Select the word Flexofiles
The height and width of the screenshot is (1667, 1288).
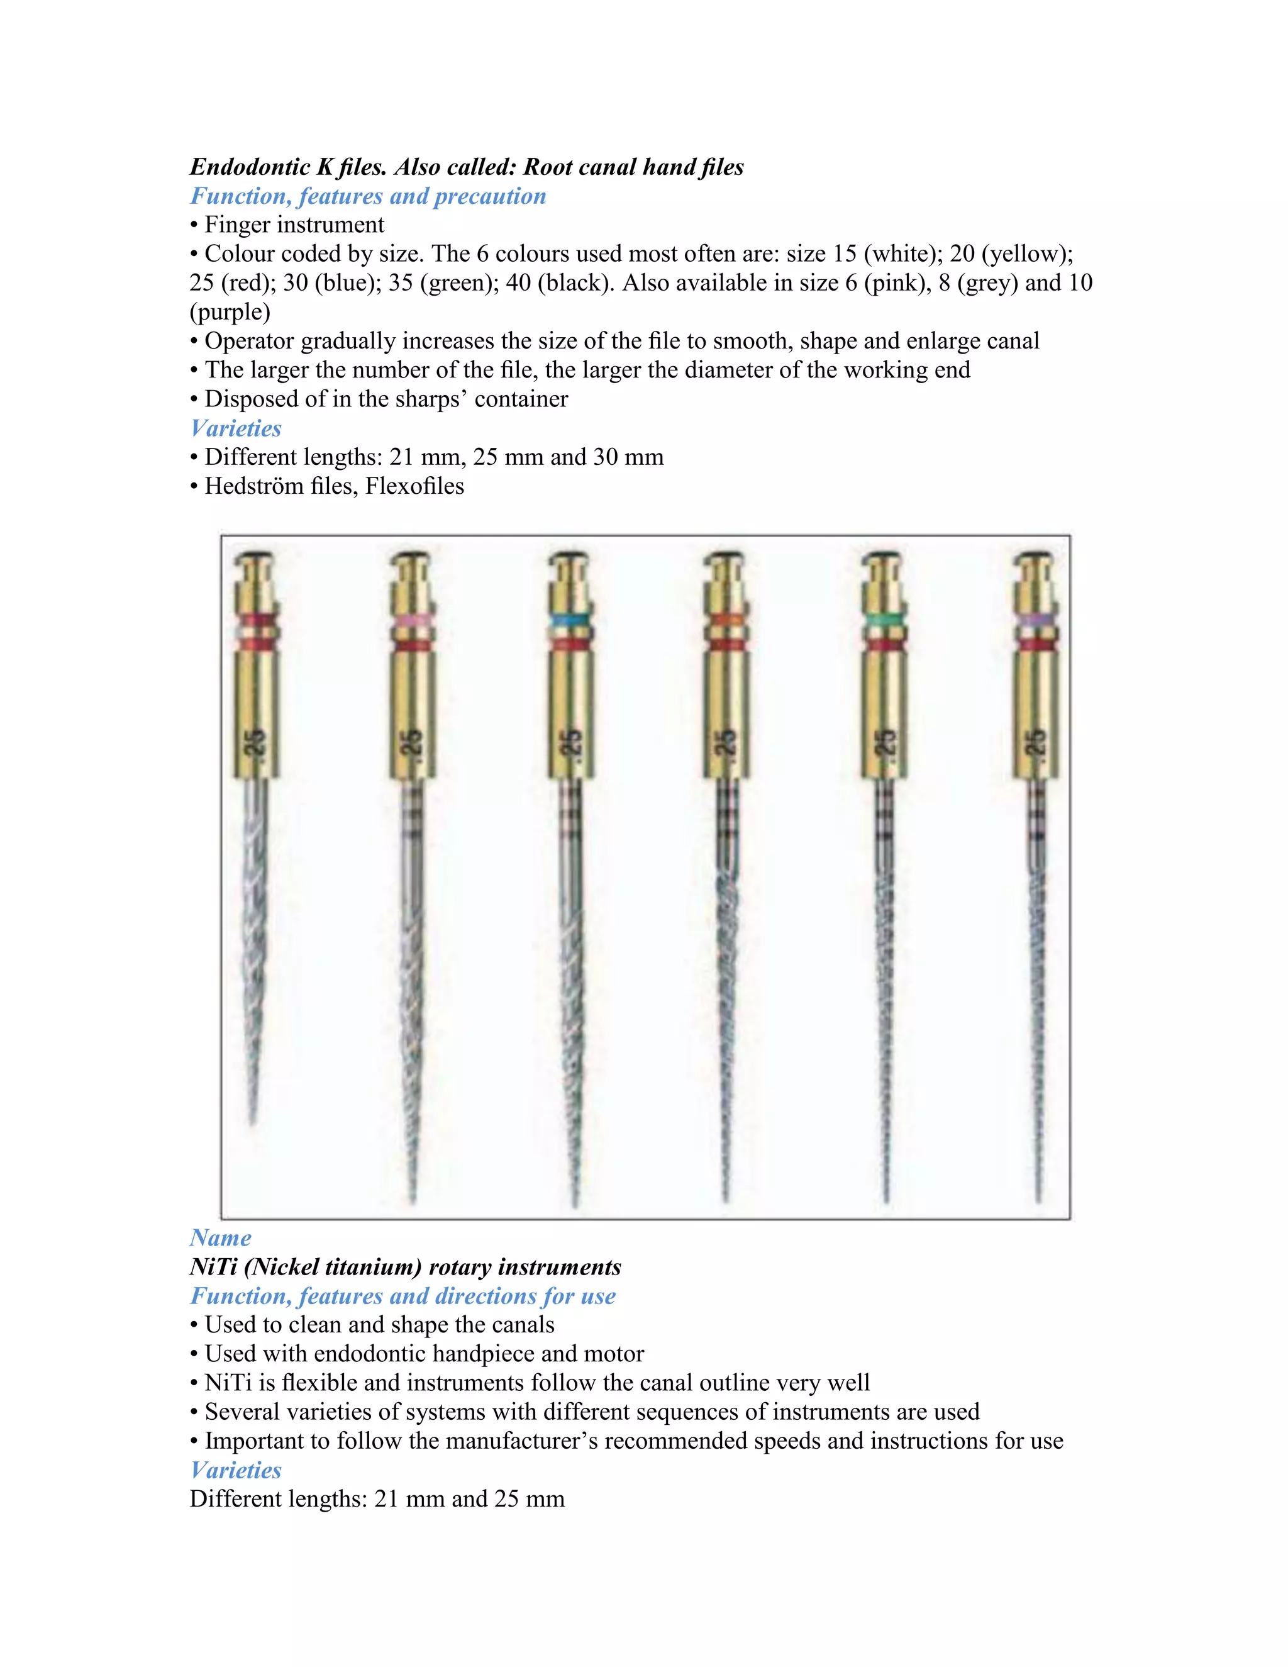[x=414, y=486]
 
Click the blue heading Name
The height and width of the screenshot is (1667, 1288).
[x=221, y=1238]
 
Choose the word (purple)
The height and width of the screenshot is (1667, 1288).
[x=230, y=312]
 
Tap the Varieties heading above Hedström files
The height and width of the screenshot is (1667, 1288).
[x=236, y=428]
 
